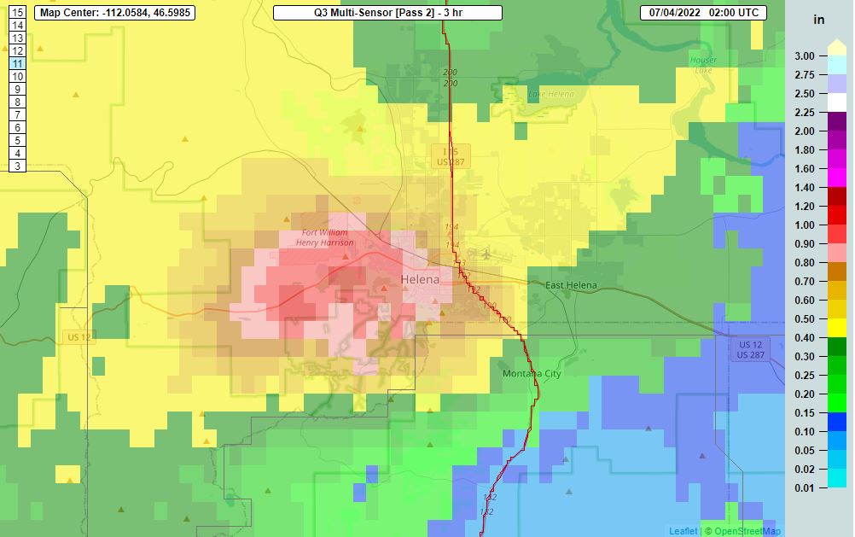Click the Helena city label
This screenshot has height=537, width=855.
[x=420, y=280]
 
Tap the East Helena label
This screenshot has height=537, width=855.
[x=571, y=285]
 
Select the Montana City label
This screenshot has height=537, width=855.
[x=532, y=374]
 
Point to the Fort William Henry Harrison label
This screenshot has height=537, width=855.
[x=325, y=238]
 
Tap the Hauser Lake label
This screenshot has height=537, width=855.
[x=704, y=65]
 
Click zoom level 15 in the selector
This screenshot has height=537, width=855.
[x=16, y=13]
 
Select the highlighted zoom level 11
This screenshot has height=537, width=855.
[x=16, y=63]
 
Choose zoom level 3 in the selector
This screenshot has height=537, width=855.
[x=16, y=166]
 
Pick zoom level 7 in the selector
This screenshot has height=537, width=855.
[x=16, y=114]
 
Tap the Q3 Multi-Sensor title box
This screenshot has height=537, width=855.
[x=387, y=13]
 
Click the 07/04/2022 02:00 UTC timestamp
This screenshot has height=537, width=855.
[x=703, y=13]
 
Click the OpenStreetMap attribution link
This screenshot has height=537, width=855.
[x=747, y=531]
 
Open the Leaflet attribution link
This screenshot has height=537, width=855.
[x=683, y=531]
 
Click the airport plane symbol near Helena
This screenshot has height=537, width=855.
[x=486, y=254]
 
